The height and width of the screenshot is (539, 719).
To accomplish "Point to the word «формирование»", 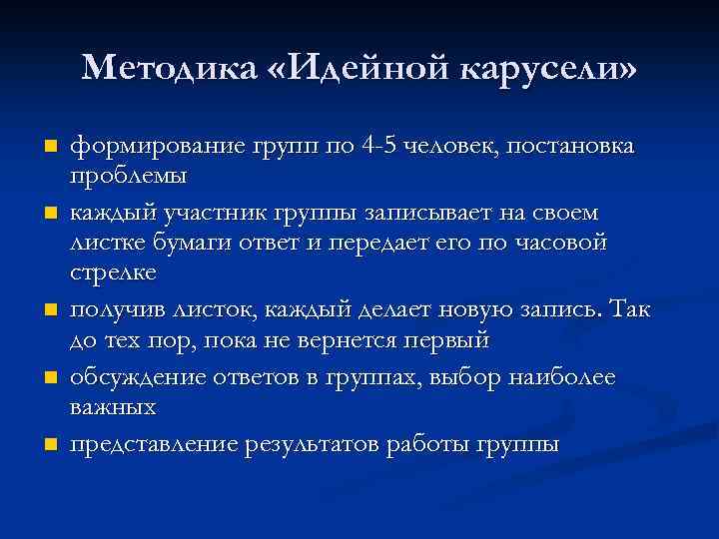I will (149, 148).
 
